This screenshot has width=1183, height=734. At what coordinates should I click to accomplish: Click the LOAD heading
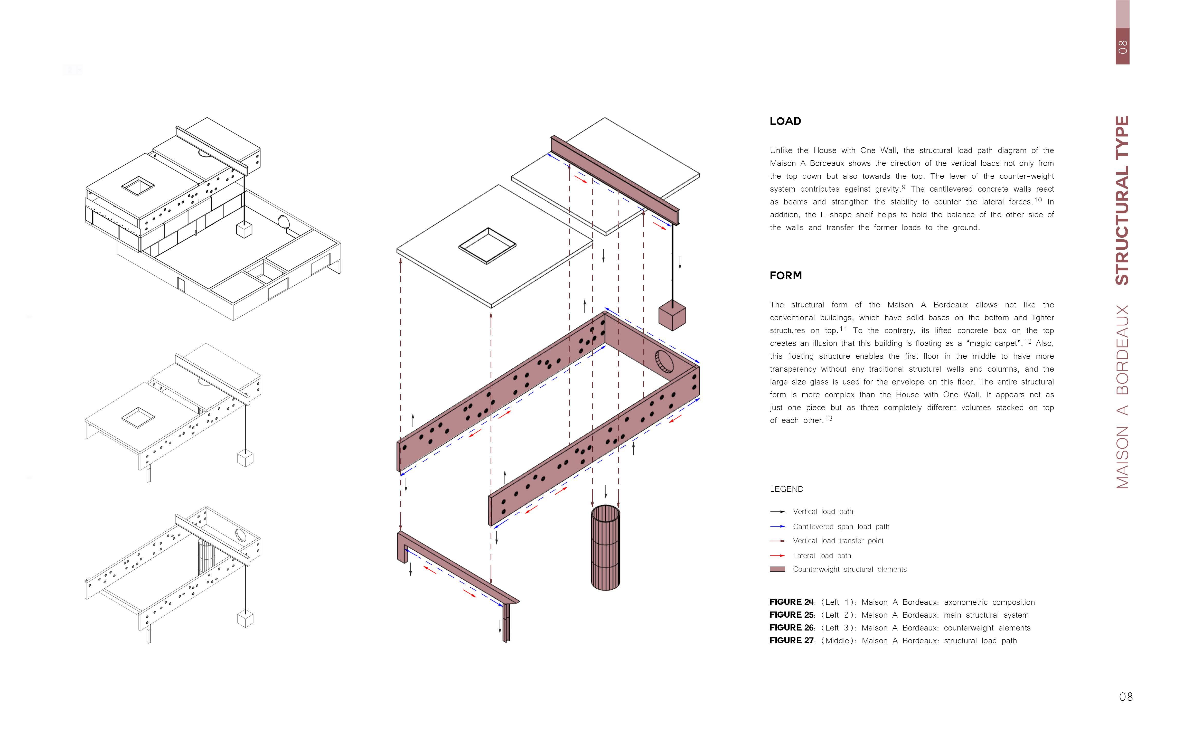point(785,121)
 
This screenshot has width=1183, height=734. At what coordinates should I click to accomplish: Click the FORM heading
point(785,276)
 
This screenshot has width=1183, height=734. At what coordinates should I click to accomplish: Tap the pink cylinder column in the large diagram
point(605,548)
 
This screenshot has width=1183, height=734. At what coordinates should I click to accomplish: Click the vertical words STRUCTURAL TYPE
point(1122,200)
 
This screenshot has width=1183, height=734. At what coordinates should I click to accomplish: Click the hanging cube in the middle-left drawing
point(245,459)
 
